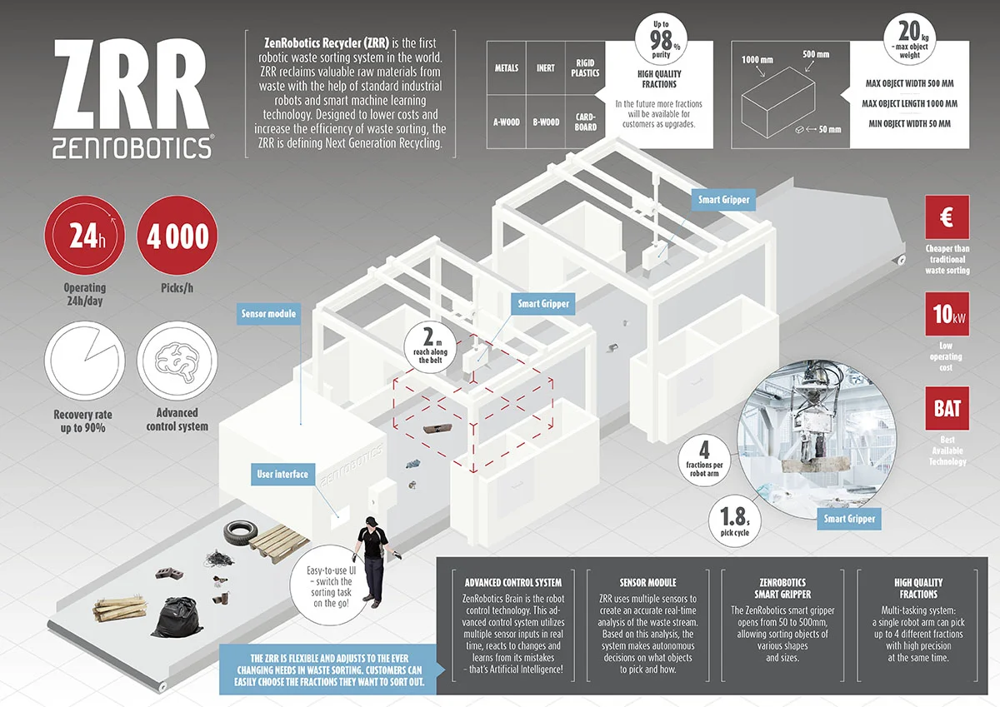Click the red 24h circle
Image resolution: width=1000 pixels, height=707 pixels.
click(x=84, y=237)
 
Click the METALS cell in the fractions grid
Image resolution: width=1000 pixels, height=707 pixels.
click(x=506, y=68)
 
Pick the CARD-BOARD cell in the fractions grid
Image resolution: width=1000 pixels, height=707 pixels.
click(x=585, y=122)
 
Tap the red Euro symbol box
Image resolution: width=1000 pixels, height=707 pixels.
click(x=947, y=218)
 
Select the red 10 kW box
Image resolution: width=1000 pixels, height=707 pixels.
click(x=947, y=314)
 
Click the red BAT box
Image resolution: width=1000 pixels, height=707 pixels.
click(x=947, y=408)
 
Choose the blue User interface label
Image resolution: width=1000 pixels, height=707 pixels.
click(x=282, y=475)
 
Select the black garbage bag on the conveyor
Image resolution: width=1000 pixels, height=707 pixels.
click(x=178, y=617)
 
